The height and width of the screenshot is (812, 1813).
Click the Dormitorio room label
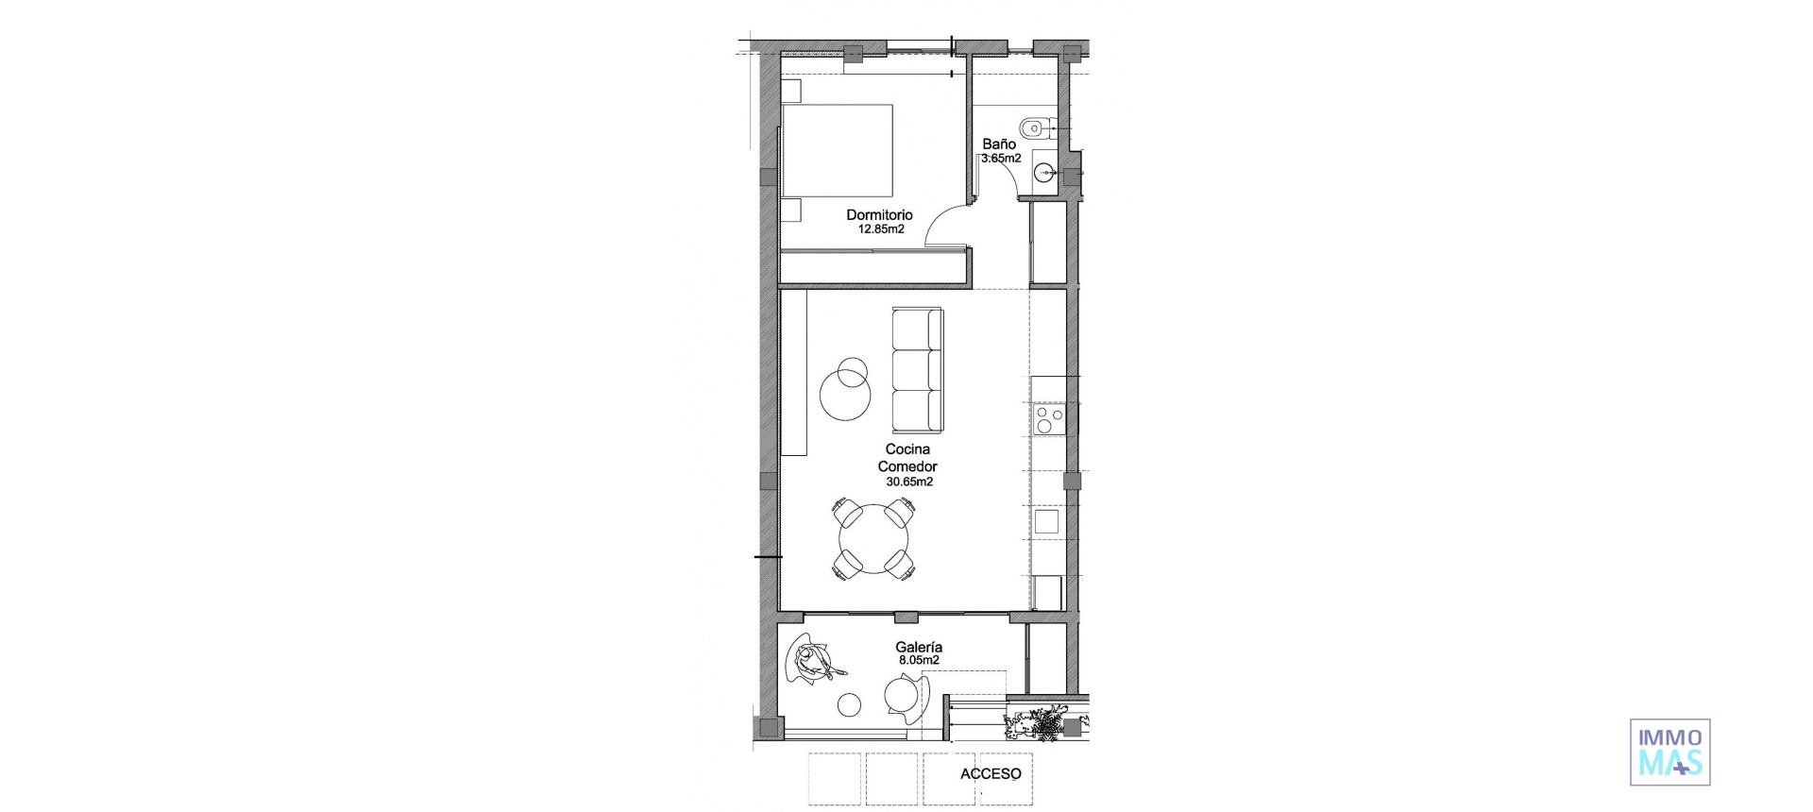879,215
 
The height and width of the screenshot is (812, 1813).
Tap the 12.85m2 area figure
880,228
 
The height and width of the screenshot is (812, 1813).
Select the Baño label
999,144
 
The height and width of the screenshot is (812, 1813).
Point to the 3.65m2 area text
1001,159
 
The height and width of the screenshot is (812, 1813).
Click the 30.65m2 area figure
908,482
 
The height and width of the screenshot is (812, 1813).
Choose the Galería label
919,648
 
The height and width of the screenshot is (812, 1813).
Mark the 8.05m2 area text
919,661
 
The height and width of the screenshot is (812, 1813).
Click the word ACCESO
991,774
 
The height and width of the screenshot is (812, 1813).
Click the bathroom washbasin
1044,172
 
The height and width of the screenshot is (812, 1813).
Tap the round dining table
874,539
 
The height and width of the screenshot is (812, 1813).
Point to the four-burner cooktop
1049,418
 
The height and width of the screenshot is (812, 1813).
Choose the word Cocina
907,449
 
